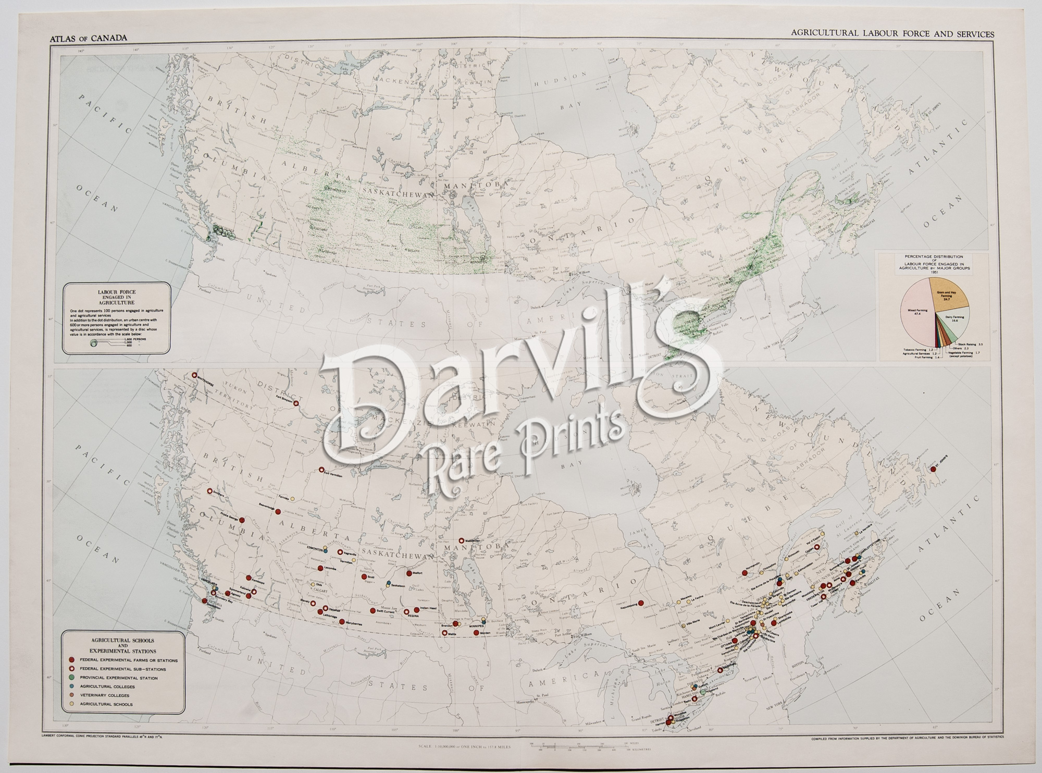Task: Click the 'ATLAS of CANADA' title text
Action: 87,38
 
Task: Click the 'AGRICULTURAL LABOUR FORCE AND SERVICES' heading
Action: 892,33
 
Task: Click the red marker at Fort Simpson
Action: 296,403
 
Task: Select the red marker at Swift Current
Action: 372,610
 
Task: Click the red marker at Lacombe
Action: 320,568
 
